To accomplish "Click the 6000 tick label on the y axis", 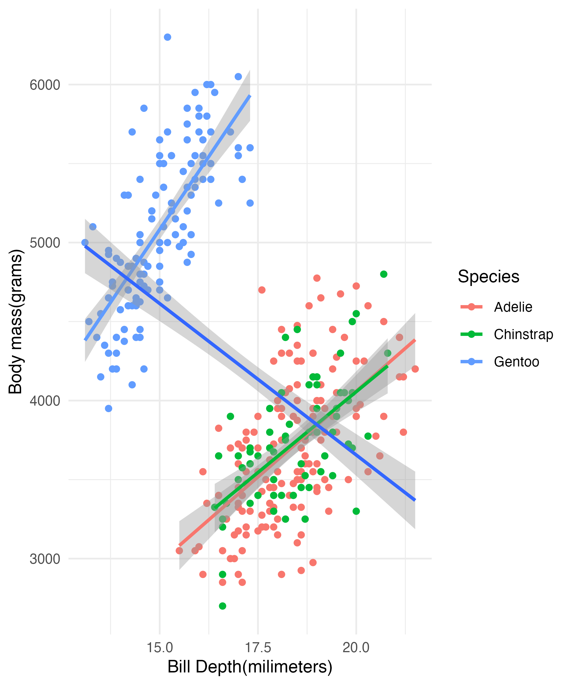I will pyautogui.click(x=45, y=85).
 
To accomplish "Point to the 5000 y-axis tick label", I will pyautogui.click(x=45, y=243).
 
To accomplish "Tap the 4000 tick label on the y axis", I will pyautogui.click(x=45, y=401).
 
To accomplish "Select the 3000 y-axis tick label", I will pyautogui.click(x=45, y=559).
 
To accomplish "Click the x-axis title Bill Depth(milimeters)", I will pyautogui.click(x=250, y=667).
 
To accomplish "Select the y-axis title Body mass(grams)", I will pyautogui.click(x=15, y=322).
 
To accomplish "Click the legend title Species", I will pyautogui.click(x=488, y=277).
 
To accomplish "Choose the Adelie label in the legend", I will pyautogui.click(x=513, y=307).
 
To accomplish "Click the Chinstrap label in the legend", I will pyautogui.click(x=523, y=334).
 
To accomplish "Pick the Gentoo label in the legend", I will pyautogui.click(x=516, y=362).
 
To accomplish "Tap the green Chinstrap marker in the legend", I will pyautogui.click(x=471, y=334).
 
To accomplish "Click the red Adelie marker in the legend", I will pyautogui.click(x=471, y=307).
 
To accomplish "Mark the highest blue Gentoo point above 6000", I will pyautogui.click(x=167, y=37).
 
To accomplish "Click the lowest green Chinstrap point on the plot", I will pyautogui.click(x=222, y=606).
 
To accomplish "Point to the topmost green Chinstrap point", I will pyautogui.click(x=384, y=274).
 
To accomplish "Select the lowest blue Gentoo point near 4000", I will pyautogui.click(x=109, y=408).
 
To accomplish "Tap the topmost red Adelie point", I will pyautogui.click(x=317, y=278).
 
